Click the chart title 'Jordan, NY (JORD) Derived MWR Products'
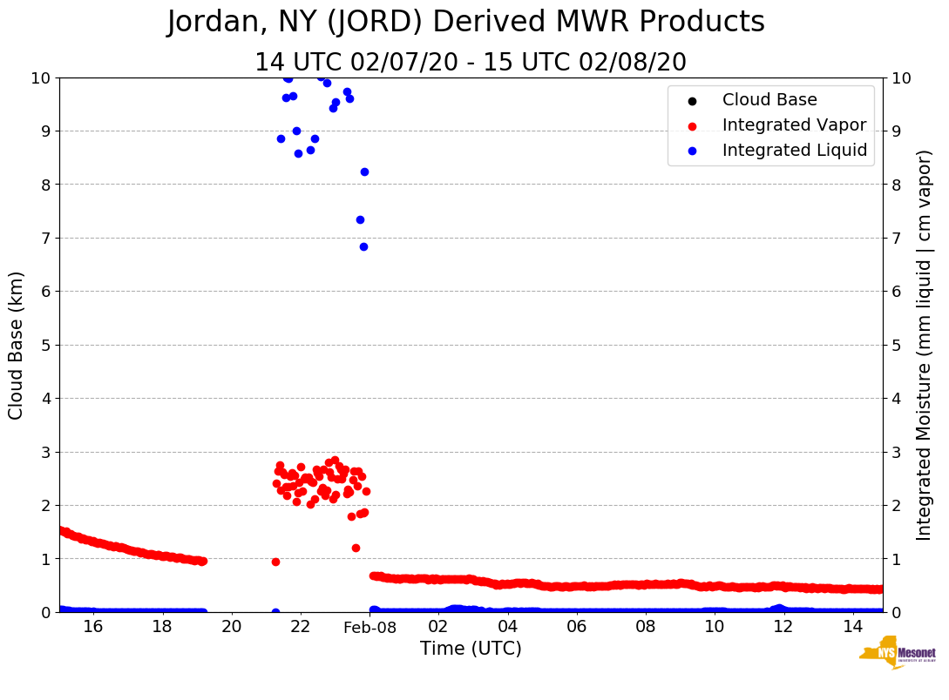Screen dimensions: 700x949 click(465, 23)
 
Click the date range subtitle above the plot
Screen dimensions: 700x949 click(471, 63)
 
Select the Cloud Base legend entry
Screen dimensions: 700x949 click(769, 100)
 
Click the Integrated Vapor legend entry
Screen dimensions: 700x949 click(794, 125)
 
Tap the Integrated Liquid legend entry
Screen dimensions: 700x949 click(794, 151)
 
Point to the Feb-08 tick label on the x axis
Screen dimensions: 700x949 click(369, 627)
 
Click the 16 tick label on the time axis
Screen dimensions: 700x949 click(93, 627)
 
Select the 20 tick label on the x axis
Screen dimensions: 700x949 click(231, 627)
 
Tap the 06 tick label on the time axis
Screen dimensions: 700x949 click(576, 627)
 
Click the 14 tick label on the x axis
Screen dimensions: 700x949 click(852, 627)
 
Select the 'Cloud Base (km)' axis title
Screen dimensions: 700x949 click(17, 345)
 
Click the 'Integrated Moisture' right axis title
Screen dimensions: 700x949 click(925, 345)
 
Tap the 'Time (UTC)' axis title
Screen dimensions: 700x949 click(471, 649)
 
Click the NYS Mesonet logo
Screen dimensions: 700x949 click(897, 655)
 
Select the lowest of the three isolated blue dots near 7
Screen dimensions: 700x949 click(363, 246)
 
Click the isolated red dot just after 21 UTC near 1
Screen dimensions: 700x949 click(275, 562)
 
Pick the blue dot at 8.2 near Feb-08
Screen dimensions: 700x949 click(364, 172)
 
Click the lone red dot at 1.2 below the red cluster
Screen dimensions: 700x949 click(356, 548)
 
